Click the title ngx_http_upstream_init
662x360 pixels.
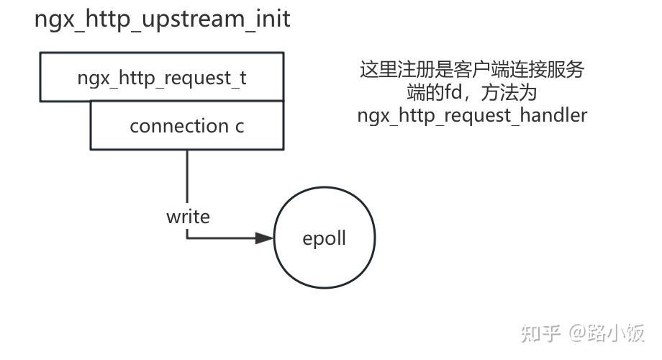(163, 19)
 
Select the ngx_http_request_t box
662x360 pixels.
(162, 77)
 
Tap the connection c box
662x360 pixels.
(186, 125)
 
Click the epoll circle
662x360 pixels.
(324, 238)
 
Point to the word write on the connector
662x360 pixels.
(188, 216)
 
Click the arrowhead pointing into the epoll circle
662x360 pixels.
(265, 238)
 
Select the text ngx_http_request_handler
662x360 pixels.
(472, 114)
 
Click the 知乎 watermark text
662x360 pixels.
(540, 333)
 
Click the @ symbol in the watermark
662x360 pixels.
(578, 333)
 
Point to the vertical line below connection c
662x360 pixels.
(187, 176)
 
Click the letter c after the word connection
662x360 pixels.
(239, 126)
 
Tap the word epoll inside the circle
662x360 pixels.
(324, 238)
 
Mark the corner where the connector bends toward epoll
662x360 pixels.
(187, 238)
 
